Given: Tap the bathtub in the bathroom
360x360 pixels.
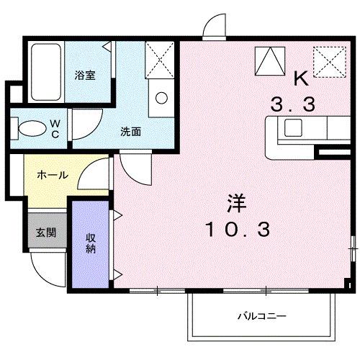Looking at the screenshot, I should (x=47, y=72).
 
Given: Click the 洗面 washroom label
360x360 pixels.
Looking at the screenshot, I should (x=130, y=132).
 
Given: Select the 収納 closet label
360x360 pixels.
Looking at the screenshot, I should (x=91, y=243).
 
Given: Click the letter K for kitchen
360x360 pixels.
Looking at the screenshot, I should (x=300, y=78).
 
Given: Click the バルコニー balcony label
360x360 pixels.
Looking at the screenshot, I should (x=262, y=316).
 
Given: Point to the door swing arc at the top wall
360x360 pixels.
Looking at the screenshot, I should (x=213, y=27).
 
